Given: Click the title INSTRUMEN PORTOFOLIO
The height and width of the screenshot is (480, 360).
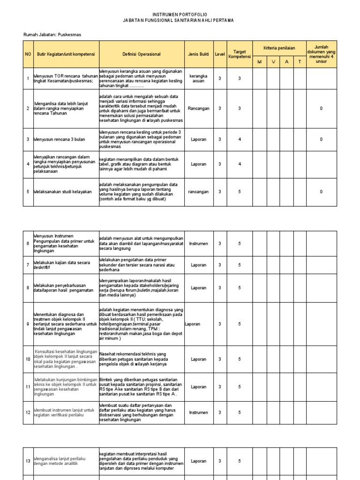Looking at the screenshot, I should coord(180,15).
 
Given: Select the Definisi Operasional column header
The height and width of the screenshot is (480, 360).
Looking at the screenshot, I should coord(141,54).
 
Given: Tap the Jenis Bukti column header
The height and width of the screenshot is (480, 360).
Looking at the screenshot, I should coord(198,54).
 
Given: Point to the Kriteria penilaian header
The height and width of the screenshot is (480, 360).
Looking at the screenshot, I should coord(279,48).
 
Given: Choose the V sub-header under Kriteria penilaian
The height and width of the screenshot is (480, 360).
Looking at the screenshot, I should coord(273,61).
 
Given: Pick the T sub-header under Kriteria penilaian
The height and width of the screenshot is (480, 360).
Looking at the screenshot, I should coord(300,61).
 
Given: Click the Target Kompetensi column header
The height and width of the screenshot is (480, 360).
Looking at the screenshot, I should coord(240,54).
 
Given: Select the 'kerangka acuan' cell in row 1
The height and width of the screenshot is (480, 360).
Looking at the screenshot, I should coord(198,78).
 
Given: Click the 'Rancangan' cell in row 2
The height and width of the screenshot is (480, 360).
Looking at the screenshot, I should coord(198,108).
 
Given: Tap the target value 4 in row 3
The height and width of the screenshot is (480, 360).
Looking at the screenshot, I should coord(240,139).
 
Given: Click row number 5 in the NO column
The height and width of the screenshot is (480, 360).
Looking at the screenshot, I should coord(28,192).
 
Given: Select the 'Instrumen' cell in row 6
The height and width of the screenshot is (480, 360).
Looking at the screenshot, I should coord(198,244).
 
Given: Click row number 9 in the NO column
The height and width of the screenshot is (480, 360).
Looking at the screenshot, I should coord(28,324).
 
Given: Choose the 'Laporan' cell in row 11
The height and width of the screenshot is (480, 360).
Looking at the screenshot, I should coord(198,387).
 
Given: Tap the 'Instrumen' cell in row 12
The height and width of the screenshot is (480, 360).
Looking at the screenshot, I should coord(198,412).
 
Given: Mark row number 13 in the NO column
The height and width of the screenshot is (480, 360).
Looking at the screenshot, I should coord(28,461).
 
